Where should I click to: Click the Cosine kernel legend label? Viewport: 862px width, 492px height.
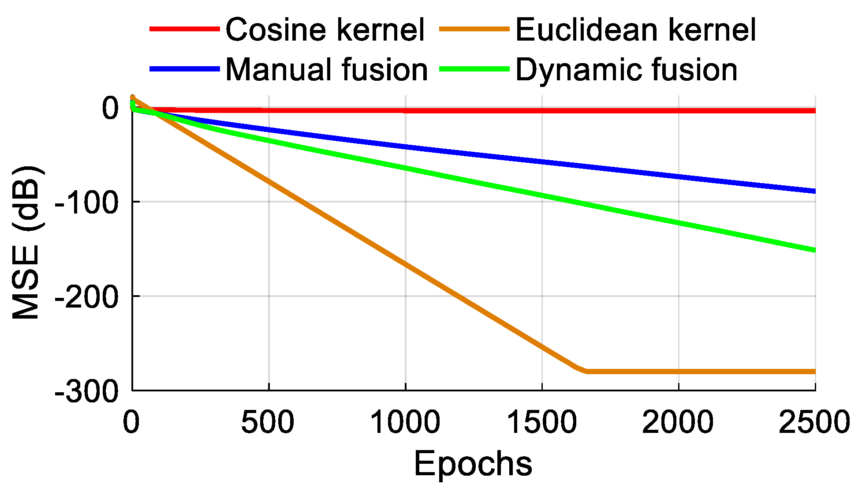click(x=325, y=30)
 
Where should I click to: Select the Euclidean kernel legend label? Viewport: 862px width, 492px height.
click(x=635, y=30)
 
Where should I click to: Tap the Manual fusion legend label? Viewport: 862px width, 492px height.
click(x=326, y=70)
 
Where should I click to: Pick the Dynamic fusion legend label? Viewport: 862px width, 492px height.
click(x=626, y=70)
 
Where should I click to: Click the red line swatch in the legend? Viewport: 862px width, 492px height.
click(x=185, y=29)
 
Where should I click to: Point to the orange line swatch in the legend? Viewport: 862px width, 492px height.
click(x=474, y=29)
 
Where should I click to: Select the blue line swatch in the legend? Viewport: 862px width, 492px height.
click(x=185, y=69)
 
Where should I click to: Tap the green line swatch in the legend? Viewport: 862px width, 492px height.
click(x=474, y=69)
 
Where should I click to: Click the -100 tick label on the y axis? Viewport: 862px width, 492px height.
click(x=86, y=203)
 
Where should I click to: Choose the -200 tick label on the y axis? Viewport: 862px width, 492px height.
click(x=86, y=297)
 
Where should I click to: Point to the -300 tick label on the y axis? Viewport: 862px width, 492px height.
click(x=86, y=391)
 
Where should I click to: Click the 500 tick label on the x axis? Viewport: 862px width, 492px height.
click(x=268, y=422)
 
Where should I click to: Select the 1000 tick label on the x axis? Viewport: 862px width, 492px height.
click(x=405, y=422)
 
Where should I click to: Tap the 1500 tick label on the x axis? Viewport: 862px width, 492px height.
click(x=541, y=422)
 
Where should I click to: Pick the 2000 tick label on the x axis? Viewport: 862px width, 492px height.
click(x=678, y=422)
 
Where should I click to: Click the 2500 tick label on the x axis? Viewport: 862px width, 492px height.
click(x=814, y=422)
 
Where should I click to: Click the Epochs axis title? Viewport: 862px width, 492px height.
click(x=473, y=464)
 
